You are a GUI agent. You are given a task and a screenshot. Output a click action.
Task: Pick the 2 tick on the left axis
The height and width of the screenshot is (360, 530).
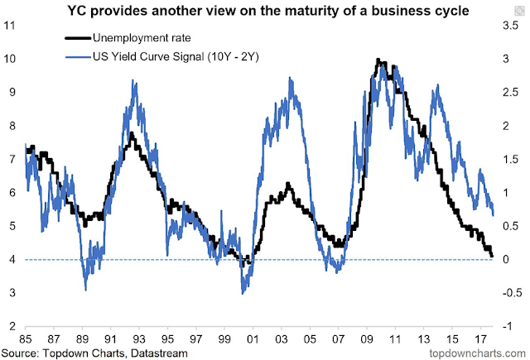pos(12,326)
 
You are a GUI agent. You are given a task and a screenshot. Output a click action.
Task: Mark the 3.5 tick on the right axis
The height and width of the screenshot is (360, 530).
pos(512,25)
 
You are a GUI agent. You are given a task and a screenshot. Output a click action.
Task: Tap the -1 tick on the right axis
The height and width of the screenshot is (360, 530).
pos(508,326)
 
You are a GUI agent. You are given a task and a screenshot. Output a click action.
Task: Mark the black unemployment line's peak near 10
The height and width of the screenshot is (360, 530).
pos(378,60)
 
